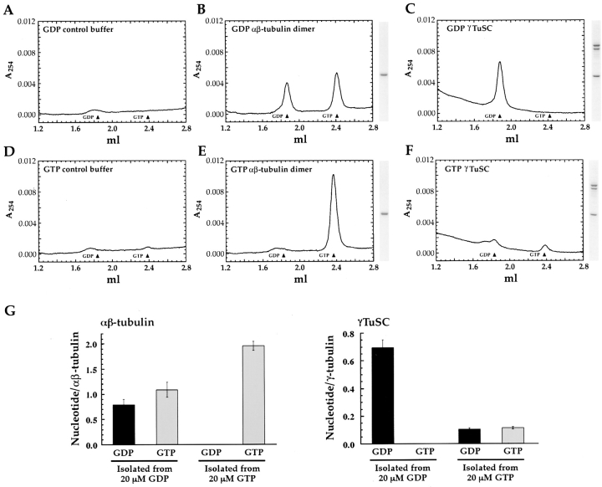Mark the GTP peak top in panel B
click(x=337, y=74)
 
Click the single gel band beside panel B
click(x=384, y=75)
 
